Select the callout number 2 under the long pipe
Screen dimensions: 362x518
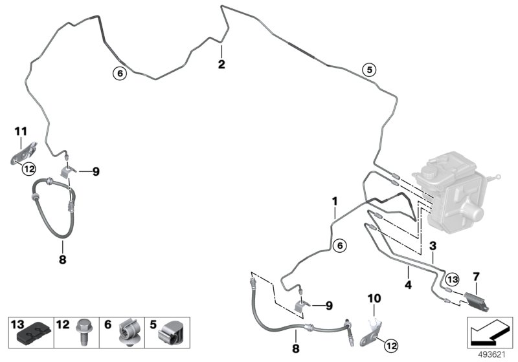pos(221,64)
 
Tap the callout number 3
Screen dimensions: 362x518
pos(433,246)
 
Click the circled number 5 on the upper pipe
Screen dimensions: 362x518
pos(368,70)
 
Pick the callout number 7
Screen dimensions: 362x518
pos(476,277)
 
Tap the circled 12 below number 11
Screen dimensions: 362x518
pos(28,169)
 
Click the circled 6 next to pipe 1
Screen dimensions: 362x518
pos(339,246)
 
